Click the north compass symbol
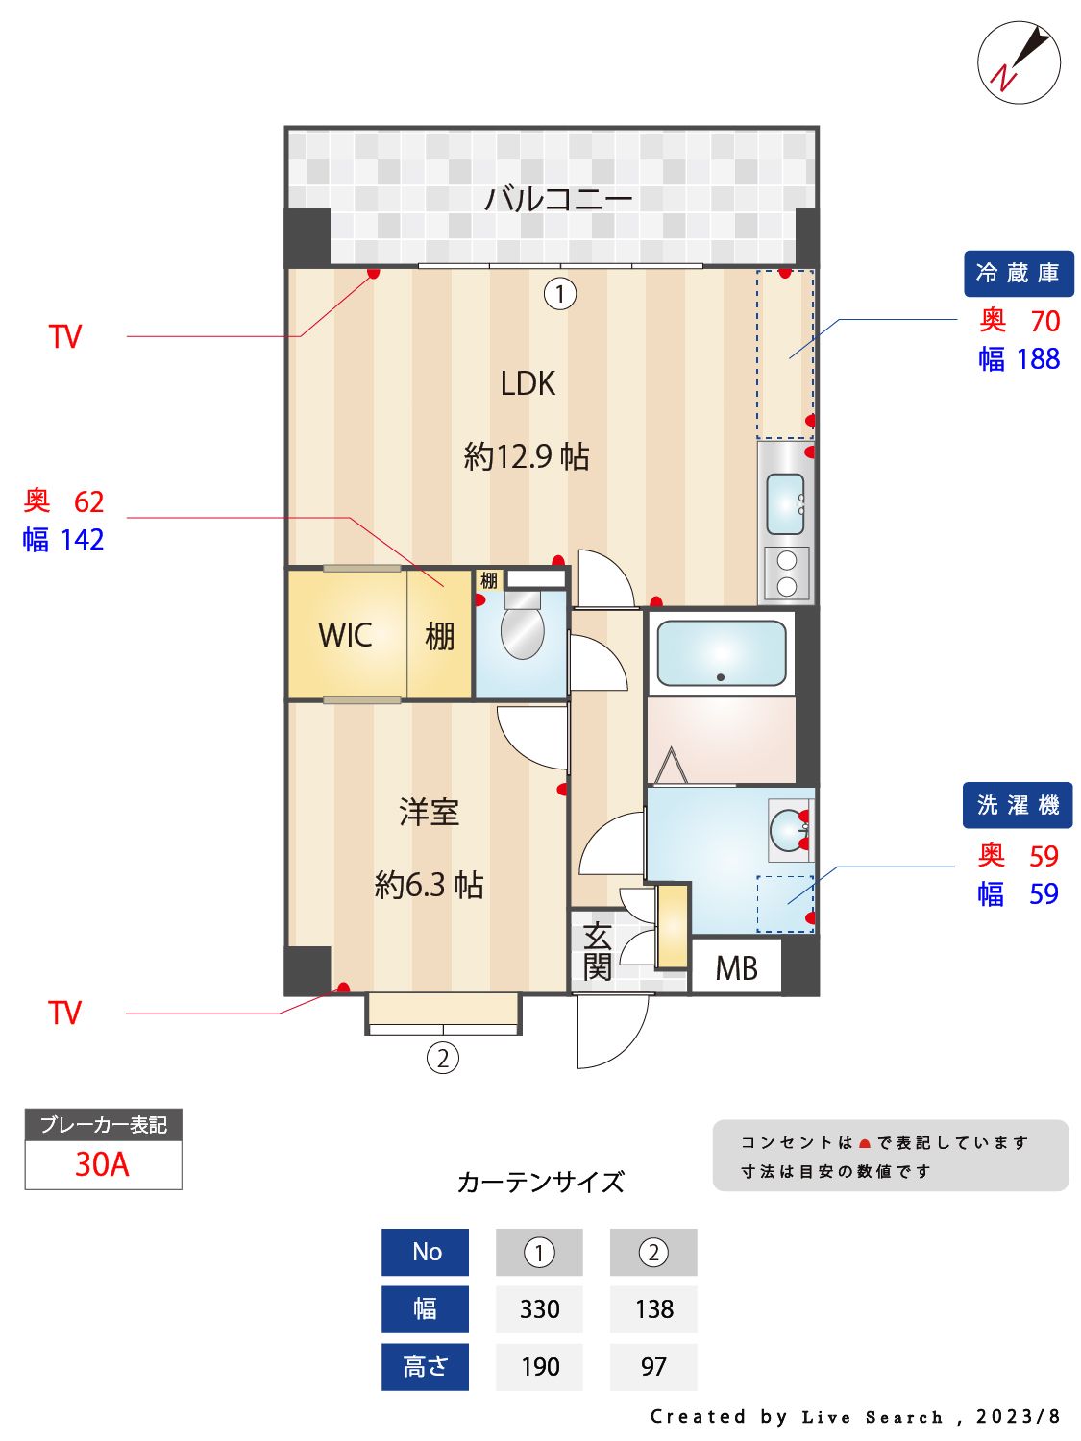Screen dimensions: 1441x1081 [1019, 63]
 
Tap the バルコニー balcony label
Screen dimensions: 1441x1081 [557, 199]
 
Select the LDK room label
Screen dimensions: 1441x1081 [528, 383]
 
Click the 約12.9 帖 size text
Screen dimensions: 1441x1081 [527, 455]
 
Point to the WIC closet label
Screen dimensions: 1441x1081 [345, 635]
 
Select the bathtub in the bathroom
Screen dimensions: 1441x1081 [721, 653]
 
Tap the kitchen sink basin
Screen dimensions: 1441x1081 [785, 503]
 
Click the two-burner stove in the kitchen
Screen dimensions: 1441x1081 [787, 574]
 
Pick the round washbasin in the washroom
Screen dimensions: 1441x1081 [789, 830]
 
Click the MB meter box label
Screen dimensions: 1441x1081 [736, 968]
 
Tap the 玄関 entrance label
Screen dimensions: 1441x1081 [597, 951]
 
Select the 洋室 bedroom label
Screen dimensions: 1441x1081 [429, 813]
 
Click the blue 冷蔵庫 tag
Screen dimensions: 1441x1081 [1018, 274]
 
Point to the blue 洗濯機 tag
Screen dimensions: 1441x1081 [1017, 805]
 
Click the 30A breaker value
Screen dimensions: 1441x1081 [102, 1164]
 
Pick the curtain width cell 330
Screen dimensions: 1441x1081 [539, 1309]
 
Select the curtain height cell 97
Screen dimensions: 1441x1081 [653, 1366]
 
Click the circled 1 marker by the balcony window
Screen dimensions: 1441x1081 [560, 293]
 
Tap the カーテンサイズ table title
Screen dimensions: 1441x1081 [540, 1182]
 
